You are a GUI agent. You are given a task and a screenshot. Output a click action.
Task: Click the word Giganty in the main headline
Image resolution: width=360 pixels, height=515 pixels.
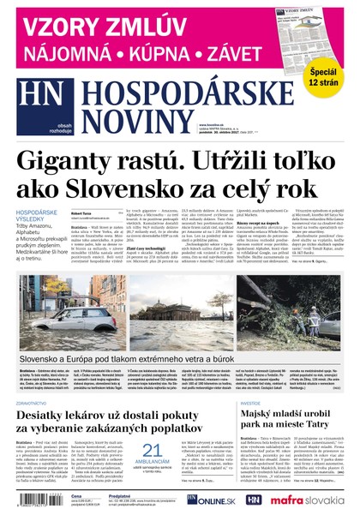81,159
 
